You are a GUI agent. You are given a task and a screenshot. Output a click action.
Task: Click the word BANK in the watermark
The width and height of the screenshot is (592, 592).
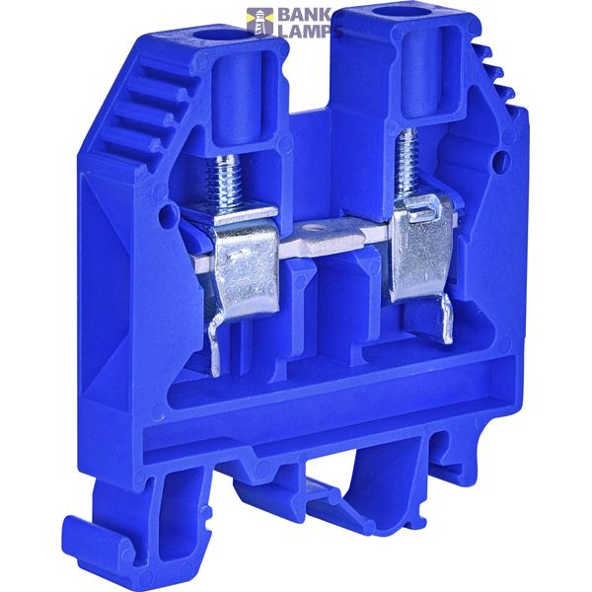point(304,15)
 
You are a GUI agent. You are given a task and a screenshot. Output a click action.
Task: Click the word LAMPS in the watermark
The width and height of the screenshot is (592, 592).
point(310,31)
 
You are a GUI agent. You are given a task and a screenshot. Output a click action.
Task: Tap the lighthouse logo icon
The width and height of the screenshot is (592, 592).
point(259,22)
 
